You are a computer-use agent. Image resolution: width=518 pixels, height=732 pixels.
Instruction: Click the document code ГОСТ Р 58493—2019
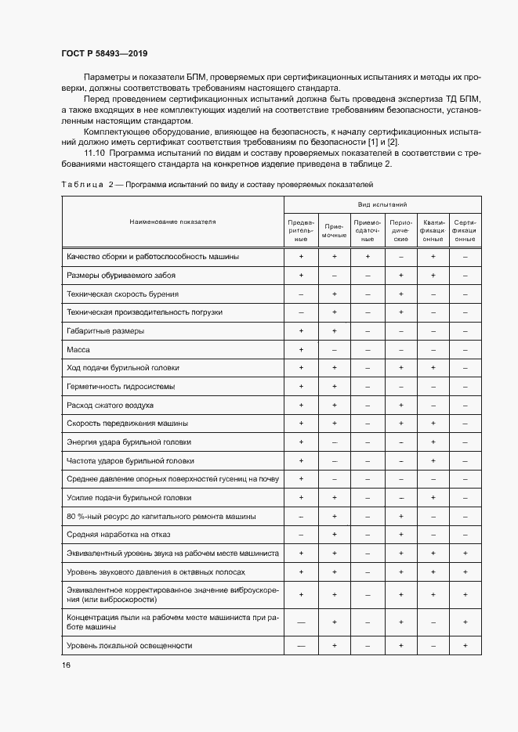pos(103,54)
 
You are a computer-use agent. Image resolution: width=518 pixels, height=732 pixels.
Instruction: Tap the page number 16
pos(66,665)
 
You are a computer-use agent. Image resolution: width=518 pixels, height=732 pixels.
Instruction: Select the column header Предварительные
pos(301,230)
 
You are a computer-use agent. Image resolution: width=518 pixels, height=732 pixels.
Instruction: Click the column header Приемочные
pos(334,230)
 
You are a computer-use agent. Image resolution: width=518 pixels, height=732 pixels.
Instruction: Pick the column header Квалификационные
pos(433,230)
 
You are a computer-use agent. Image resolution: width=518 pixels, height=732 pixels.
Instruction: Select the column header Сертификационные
pos(465,230)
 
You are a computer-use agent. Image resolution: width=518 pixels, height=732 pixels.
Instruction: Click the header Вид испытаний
pos(382,204)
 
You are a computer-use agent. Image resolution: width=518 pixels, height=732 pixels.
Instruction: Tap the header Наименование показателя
pos(172,222)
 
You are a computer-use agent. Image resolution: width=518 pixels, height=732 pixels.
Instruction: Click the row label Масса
pos(78,349)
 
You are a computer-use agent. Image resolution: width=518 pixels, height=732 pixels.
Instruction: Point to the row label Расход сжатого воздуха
pos(110,405)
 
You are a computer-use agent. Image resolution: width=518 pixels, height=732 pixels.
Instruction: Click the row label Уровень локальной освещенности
pos(129,645)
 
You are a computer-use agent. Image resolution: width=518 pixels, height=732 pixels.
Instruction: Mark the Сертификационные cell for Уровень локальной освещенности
pos(465,645)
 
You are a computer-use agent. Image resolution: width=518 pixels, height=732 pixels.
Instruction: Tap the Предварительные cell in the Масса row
pos(301,349)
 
